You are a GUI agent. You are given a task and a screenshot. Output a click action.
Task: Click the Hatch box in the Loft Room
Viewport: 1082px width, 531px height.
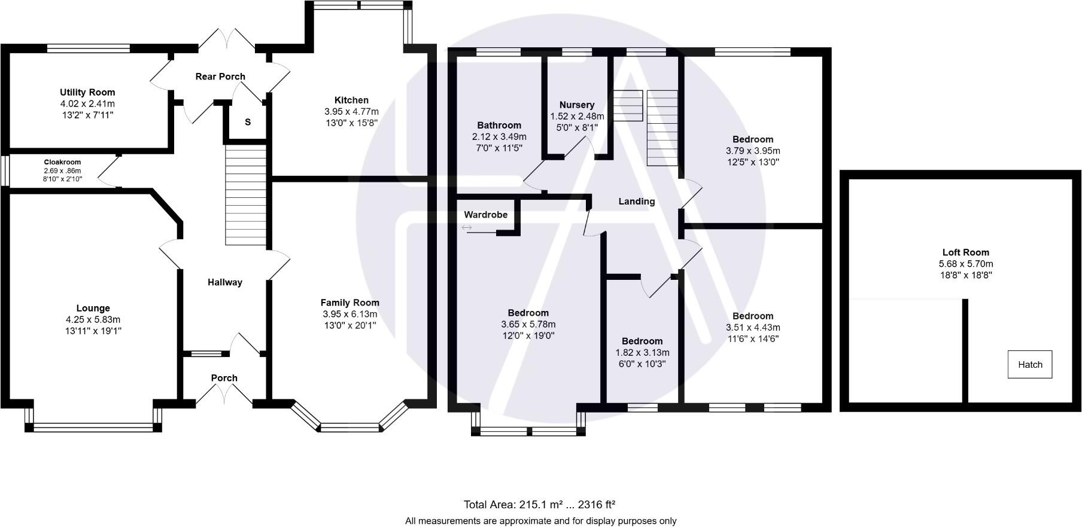[x=1029, y=364]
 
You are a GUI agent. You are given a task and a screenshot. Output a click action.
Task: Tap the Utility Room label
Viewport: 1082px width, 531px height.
[x=87, y=92]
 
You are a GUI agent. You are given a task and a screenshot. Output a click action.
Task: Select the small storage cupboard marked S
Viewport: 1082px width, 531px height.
[x=247, y=123]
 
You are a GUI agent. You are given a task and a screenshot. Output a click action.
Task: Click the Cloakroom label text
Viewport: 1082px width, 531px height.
[x=62, y=162]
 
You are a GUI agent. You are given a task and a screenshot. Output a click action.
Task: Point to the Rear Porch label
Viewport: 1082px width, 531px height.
[x=220, y=77]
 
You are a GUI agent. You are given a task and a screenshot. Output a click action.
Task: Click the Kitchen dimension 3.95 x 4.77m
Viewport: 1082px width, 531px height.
[x=351, y=112]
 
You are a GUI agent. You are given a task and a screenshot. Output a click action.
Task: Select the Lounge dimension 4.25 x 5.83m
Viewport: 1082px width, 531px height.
[x=93, y=320]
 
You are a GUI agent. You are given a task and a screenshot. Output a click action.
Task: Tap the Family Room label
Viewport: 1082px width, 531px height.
[x=349, y=303]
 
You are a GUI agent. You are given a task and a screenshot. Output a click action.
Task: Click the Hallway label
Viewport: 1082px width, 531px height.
[x=225, y=282]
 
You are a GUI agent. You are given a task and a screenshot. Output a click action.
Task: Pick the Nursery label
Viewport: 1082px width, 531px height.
[x=577, y=105]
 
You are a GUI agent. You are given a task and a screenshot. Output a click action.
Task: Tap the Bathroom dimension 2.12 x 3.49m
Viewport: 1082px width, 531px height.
[x=499, y=137]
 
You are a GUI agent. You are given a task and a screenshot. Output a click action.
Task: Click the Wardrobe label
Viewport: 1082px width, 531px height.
[x=485, y=215]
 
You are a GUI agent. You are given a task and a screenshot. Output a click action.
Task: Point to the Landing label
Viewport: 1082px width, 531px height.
[x=636, y=202]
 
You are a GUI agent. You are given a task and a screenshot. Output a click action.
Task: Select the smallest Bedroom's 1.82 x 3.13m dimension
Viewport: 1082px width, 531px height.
[x=642, y=353]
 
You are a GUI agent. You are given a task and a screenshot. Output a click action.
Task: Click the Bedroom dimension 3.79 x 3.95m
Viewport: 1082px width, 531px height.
[x=753, y=151]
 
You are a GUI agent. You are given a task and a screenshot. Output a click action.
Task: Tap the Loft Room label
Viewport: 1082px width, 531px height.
[x=965, y=252]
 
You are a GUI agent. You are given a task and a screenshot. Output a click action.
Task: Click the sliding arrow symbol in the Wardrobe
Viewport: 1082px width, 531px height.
[x=467, y=228]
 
